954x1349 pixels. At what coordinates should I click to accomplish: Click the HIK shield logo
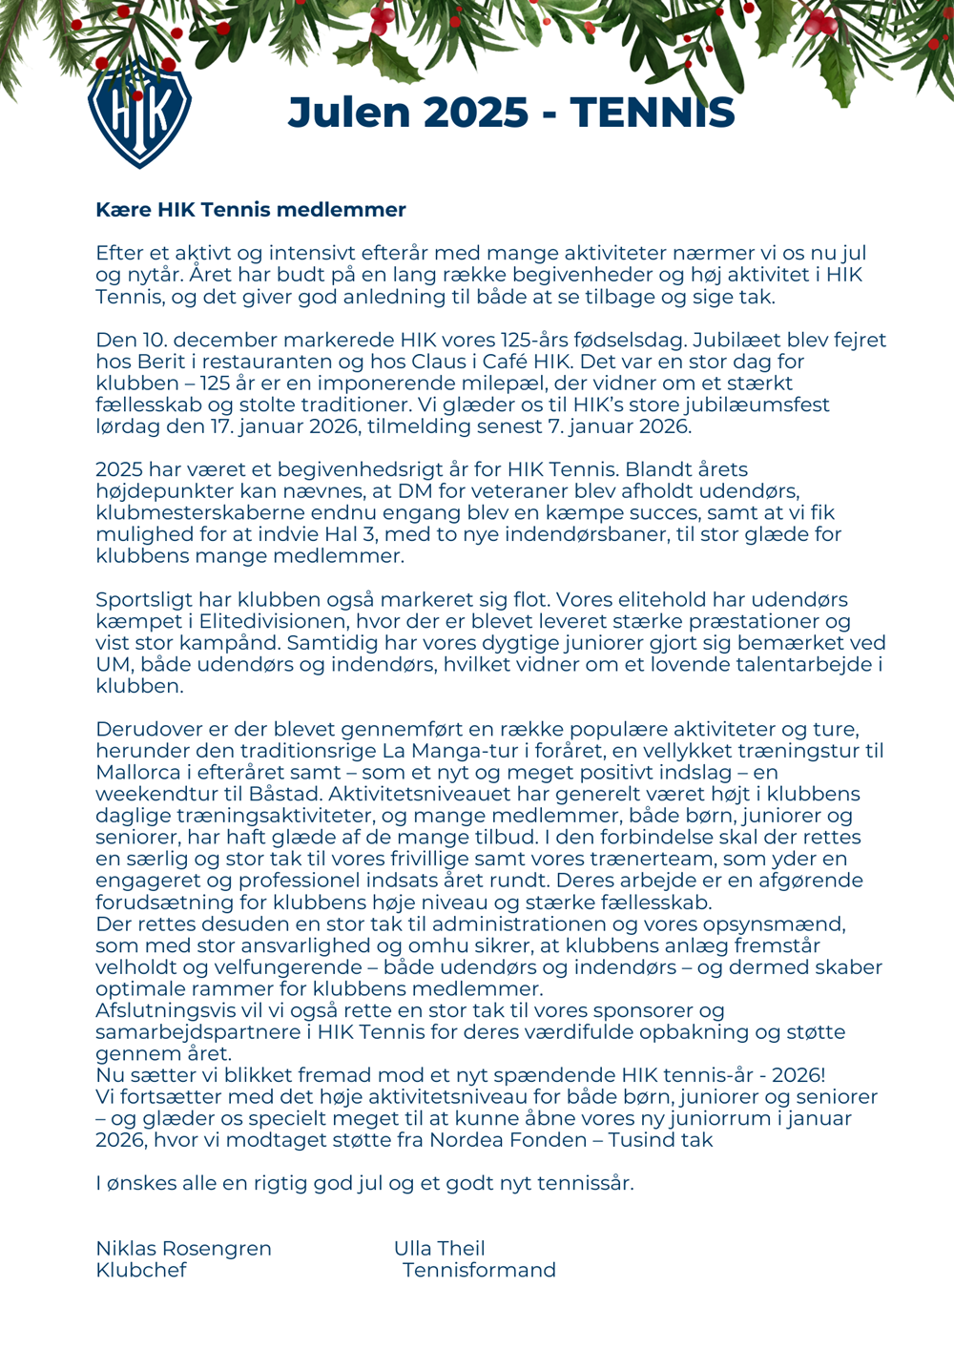(x=139, y=113)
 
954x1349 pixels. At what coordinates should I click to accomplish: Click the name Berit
(x=166, y=363)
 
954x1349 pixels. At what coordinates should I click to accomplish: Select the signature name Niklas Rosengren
(x=183, y=1249)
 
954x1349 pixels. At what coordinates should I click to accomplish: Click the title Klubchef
(x=141, y=1271)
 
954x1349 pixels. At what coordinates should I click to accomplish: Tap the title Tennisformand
(x=479, y=1271)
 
